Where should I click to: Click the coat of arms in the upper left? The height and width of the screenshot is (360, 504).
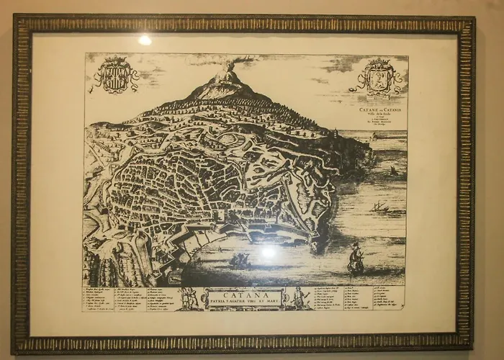(x=116, y=76)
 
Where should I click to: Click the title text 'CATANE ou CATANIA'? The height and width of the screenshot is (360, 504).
(x=381, y=110)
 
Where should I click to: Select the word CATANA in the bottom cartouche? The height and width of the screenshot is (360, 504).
(x=241, y=294)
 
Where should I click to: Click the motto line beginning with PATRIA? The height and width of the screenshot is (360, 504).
(x=241, y=302)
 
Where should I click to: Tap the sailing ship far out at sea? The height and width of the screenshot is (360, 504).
(x=379, y=207)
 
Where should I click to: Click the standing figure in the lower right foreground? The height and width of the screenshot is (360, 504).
(x=355, y=259)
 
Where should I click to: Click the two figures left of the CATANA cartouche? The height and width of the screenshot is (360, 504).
(x=189, y=297)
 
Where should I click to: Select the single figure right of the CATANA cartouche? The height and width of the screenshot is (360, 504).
(x=297, y=297)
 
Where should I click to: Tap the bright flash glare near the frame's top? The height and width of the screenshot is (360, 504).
(x=145, y=40)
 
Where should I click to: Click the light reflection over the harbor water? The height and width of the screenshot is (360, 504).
(x=268, y=252)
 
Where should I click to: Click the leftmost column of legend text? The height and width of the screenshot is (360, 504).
(x=101, y=298)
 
